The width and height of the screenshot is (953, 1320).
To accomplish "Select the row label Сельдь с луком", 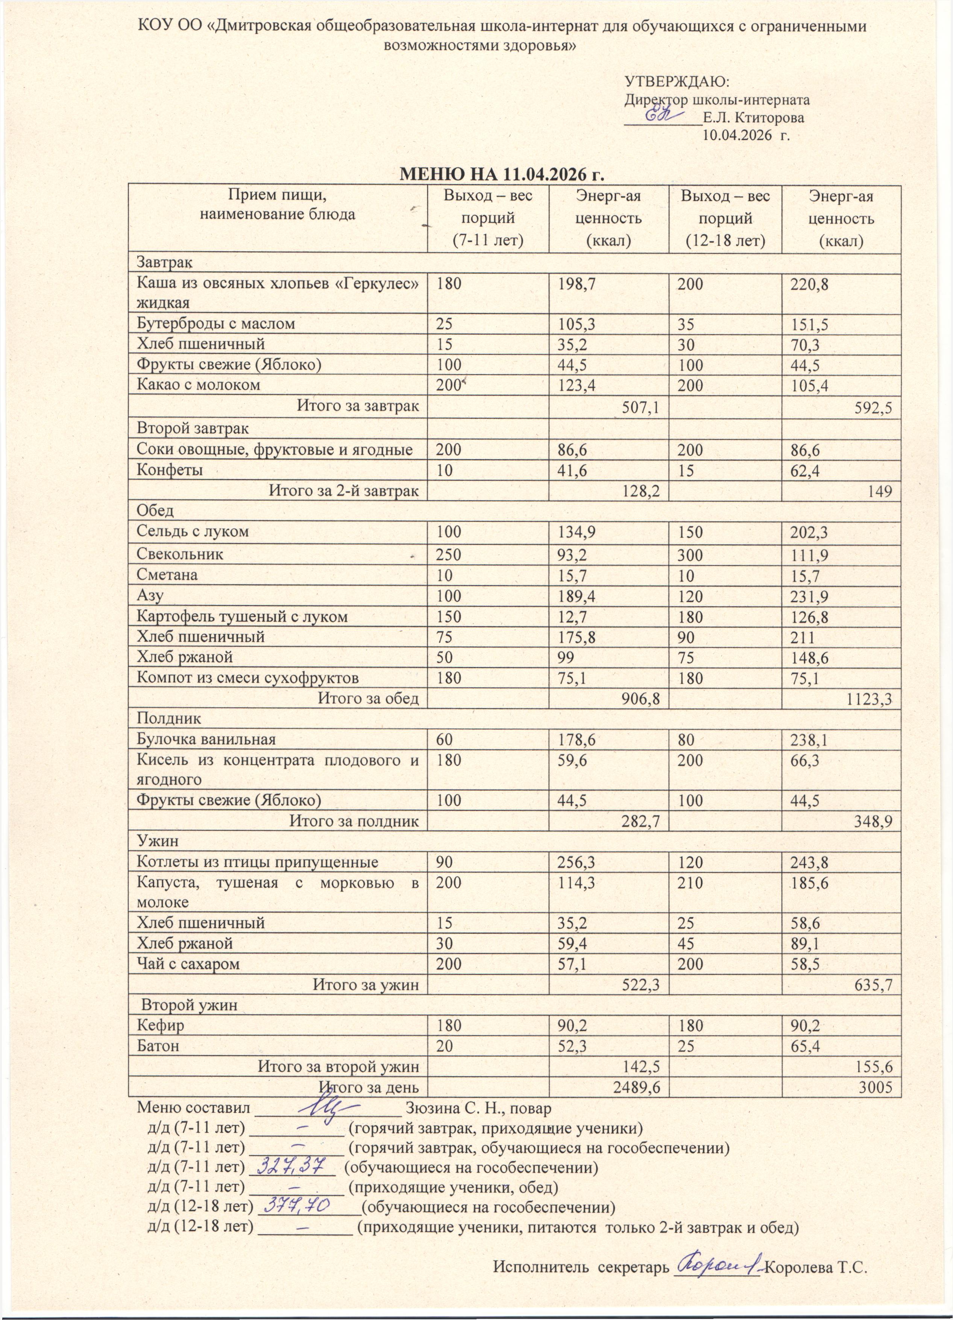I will pyautogui.click(x=192, y=531).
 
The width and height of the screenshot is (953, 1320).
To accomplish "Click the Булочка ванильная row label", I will pyautogui.click(x=205, y=740).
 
